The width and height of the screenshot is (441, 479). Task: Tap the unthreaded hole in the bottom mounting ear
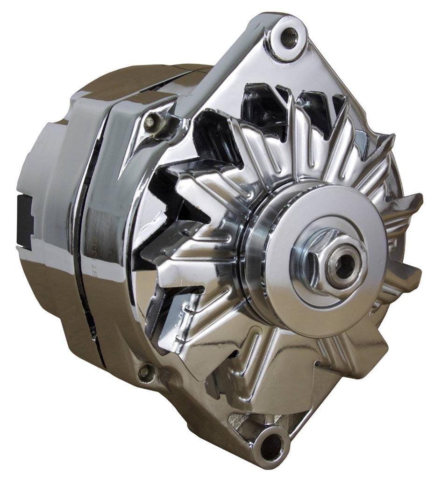pyautogui.click(x=273, y=446)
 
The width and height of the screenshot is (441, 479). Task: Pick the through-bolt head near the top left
pyautogui.click(x=150, y=123)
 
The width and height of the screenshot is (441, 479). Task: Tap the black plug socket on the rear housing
pyautogui.click(x=24, y=219)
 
